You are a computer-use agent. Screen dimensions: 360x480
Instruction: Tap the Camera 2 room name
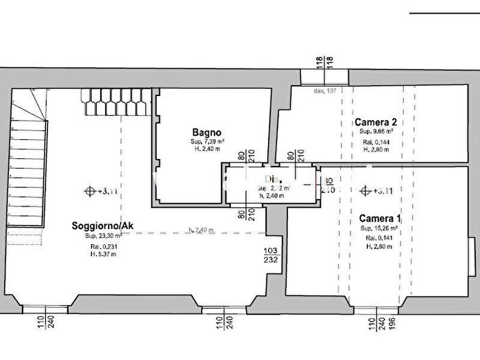tap(375, 122)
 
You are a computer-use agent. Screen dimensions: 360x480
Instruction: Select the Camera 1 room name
tap(381, 218)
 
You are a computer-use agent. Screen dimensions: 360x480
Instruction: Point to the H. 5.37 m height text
tap(96, 254)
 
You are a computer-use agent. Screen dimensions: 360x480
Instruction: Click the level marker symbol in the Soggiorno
tap(88, 191)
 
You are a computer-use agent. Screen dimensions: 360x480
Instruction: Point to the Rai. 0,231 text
tap(96, 245)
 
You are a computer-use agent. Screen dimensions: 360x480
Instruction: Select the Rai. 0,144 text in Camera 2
tap(375, 142)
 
